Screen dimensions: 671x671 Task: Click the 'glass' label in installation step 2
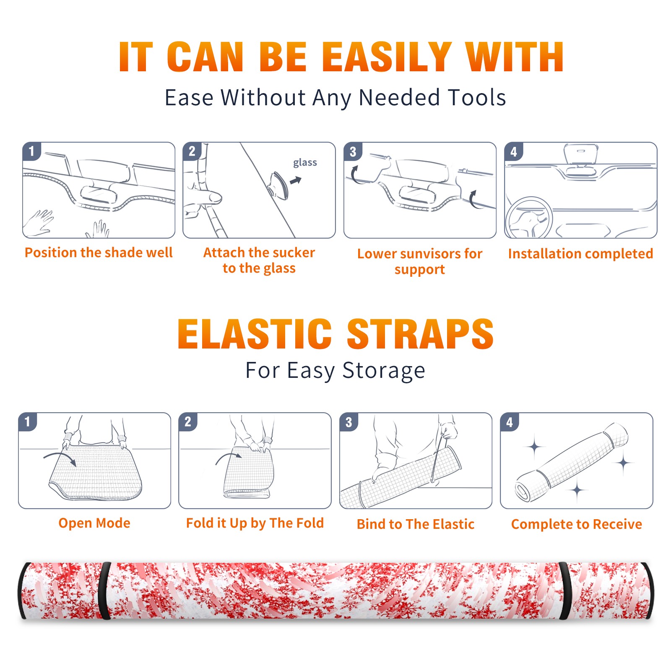[305, 163]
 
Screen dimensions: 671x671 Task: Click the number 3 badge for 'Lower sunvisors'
[353, 151]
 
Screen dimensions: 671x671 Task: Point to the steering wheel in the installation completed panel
[529, 218]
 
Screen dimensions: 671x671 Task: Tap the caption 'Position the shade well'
[99, 252]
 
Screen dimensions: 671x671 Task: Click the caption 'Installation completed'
[580, 253]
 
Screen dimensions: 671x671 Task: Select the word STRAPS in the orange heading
[420, 334]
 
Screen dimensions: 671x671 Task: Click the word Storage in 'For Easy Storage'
[384, 371]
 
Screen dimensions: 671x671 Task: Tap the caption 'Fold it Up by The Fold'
[255, 523]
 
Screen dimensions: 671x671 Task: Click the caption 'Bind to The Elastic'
[416, 524]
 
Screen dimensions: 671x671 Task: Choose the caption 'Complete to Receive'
[577, 524]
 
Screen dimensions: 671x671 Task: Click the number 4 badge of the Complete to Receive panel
[510, 422]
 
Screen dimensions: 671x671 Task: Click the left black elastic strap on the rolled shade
[104, 590]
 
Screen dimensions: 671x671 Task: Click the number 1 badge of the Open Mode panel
[28, 422]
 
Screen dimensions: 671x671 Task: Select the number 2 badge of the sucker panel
[192, 151]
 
